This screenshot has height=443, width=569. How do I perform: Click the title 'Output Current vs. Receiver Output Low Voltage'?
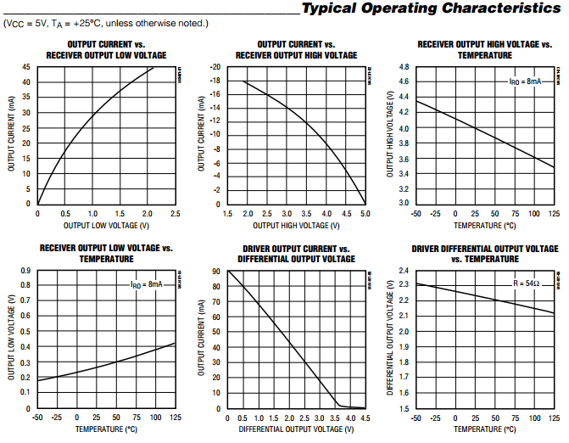(106, 50)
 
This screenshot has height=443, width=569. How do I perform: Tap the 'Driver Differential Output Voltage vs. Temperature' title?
(485, 254)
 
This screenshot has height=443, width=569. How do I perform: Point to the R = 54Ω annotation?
(525, 283)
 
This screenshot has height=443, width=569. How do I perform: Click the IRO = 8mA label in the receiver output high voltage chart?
(525, 81)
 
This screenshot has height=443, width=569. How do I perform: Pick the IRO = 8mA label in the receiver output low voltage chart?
(146, 284)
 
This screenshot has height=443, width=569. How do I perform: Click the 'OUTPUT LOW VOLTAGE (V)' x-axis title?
(106, 226)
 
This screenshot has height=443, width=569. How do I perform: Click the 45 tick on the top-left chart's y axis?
(27, 67)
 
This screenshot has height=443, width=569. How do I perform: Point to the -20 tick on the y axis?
(215, 67)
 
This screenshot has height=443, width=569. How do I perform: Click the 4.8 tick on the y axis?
(404, 67)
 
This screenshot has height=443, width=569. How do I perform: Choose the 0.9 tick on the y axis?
(26, 271)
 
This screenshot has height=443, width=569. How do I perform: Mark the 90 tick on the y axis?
(217, 271)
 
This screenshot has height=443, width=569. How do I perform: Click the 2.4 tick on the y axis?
(404, 271)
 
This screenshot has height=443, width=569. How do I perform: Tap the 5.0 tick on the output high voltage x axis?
(365, 214)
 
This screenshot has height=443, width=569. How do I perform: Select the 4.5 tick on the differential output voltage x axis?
(365, 418)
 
